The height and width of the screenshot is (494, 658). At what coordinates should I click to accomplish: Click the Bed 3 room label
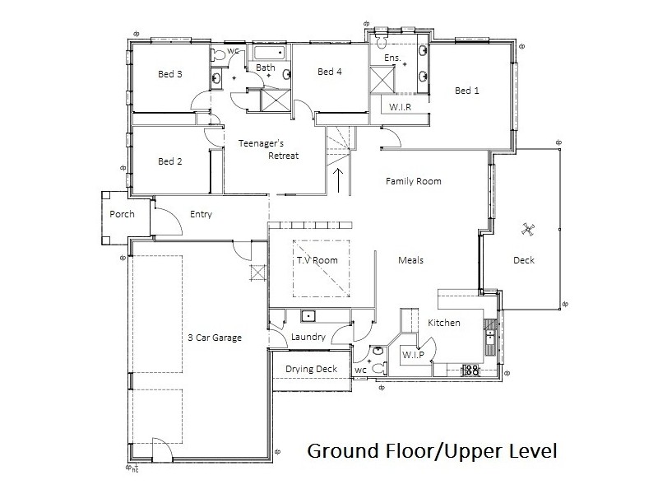[x=169, y=74]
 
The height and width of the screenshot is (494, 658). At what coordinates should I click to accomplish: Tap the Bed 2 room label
[x=169, y=161]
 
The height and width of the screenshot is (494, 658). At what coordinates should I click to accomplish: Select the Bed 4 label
[x=329, y=72]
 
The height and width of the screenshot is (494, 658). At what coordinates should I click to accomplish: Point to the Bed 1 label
[x=466, y=91]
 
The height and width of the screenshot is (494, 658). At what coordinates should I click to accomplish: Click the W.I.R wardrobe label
[x=401, y=108]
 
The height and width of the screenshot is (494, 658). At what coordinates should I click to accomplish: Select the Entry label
[x=201, y=215]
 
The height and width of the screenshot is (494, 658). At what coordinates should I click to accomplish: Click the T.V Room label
[x=317, y=260]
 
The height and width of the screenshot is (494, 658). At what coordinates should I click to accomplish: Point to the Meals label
[x=410, y=260]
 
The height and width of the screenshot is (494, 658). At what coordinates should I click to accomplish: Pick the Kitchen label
[x=443, y=323]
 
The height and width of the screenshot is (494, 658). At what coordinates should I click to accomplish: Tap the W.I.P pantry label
[x=411, y=354]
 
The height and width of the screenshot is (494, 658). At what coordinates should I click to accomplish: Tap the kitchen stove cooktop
[x=472, y=370]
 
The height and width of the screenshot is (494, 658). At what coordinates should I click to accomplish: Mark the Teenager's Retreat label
[x=268, y=149]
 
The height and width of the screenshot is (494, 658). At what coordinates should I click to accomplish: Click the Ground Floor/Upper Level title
[x=432, y=452]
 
